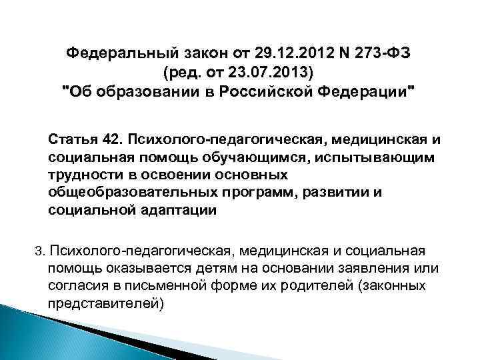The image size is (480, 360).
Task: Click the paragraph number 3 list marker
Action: (x=39, y=251)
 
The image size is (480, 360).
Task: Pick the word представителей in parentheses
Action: (x=105, y=303)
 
